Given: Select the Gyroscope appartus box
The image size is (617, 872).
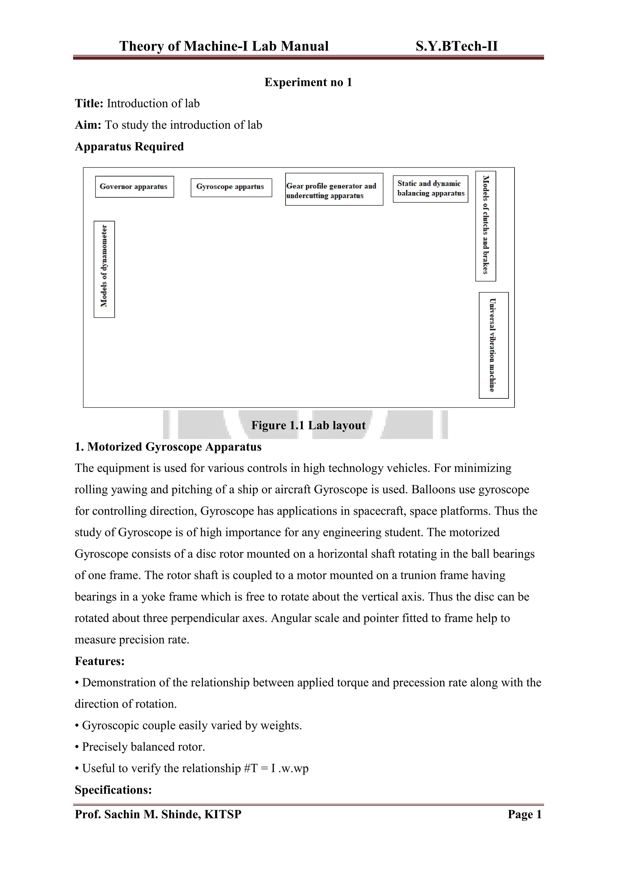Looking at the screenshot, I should click(231, 187).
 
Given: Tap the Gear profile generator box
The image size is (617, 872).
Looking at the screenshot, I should click(334, 189).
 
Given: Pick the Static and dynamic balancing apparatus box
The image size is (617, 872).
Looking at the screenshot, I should click(430, 189).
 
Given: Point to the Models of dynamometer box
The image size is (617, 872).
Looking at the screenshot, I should click(104, 269).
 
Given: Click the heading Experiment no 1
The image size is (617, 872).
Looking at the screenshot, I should click(308, 83).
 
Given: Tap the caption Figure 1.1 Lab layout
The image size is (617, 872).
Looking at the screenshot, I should click(308, 425).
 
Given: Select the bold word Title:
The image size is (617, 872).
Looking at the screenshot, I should click(89, 104).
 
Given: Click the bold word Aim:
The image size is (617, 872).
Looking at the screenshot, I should click(88, 125).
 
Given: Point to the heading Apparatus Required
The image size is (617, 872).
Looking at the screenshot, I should click(129, 147).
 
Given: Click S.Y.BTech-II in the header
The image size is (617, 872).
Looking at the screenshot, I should click(456, 46).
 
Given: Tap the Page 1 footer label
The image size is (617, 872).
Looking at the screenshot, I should click(524, 814).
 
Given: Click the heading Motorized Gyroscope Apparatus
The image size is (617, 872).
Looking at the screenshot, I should click(174, 447).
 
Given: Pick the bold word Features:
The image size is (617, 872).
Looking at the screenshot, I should click(99, 661).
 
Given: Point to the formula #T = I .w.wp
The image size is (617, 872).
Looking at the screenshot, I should click(275, 769).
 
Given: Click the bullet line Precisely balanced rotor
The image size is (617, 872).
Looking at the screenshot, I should click(143, 747).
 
